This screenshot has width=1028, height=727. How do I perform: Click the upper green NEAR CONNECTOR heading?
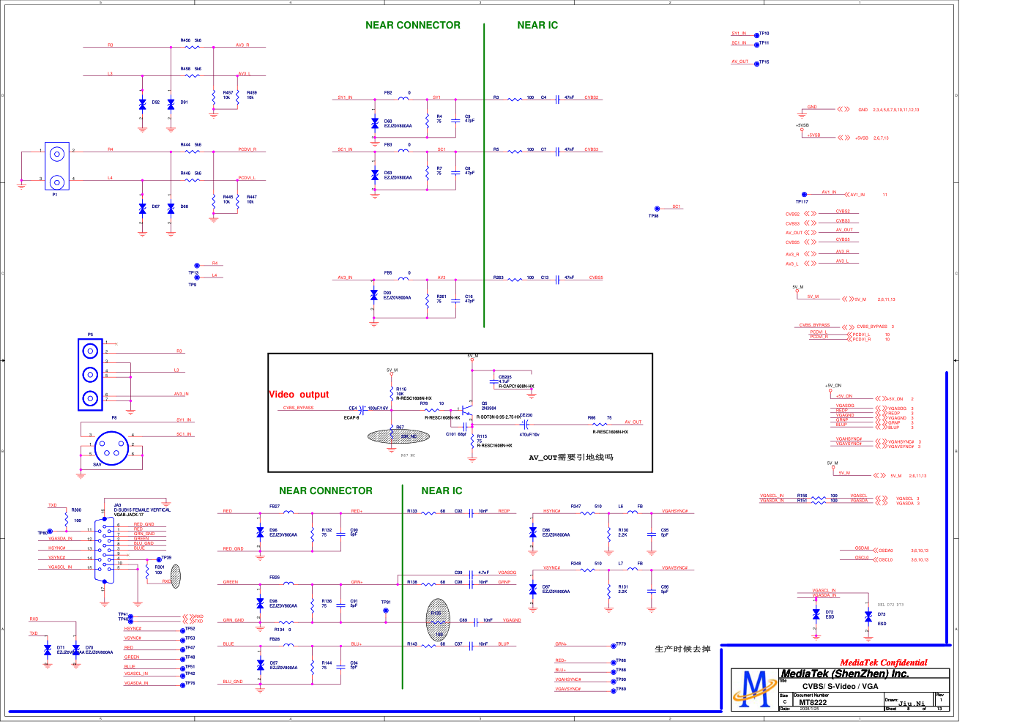tap(413, 25)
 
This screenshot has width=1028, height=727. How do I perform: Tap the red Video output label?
tap(299, 395)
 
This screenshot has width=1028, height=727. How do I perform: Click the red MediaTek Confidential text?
tap(883, 663)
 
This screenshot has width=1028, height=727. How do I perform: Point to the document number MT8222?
tap(813, 703)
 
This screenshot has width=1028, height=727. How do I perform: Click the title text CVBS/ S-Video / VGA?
tap(840, 686)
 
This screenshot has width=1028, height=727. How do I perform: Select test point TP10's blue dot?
tap(757, 34)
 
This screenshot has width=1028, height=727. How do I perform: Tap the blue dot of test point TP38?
tap(657, 209)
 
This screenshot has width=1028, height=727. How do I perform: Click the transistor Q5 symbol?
tap(466, 410)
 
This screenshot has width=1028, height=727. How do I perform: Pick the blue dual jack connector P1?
tap(56, 167)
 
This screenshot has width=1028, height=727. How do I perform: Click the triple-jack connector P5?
tap(90, 374)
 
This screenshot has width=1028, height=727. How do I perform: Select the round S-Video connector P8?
tap(111, 447)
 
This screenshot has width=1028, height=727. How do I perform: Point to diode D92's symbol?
tap(142, 104)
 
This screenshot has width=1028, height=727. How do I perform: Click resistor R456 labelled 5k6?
tap(192, 47)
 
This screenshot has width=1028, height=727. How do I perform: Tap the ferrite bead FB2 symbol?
tap(403, 97)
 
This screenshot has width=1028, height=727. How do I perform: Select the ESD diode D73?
tap(868, 616)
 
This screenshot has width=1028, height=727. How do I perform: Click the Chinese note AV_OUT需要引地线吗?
tap(571, 458)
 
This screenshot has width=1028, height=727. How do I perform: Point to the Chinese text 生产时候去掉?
tap(682, 649)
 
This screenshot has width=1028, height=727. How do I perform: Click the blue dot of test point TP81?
tap(386, 611)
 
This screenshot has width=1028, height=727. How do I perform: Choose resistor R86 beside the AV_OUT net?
tap(600, 423)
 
